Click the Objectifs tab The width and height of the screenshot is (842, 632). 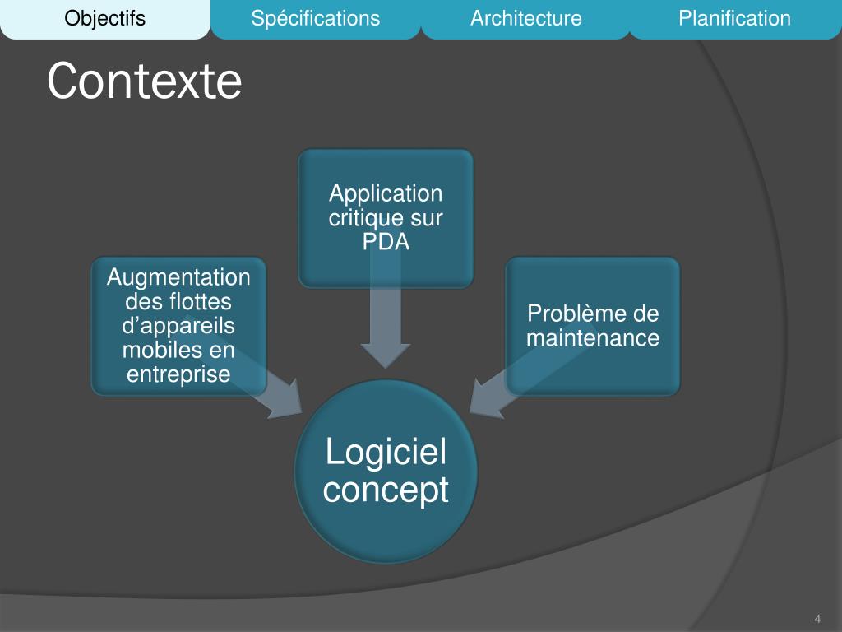point(104,18)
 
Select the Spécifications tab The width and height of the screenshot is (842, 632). point(316,18)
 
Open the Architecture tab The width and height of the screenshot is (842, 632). point(525,18)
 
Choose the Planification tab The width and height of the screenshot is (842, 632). point(734,18)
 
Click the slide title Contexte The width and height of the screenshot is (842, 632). point(144,81)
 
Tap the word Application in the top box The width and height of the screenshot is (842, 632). point(386,194)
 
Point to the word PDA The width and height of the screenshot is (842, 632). point(386,243)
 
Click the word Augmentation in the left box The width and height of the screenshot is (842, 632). point(178,277)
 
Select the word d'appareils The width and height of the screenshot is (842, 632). point(178,326)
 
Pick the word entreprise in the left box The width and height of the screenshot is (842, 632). point(178,374)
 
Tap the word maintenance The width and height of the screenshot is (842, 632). point(593,338)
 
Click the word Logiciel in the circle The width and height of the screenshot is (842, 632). point(386,453)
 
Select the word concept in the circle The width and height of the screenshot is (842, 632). point(386,490)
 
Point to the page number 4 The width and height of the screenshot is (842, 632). point(817,619)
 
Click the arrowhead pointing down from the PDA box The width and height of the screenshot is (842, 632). point(386,353)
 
